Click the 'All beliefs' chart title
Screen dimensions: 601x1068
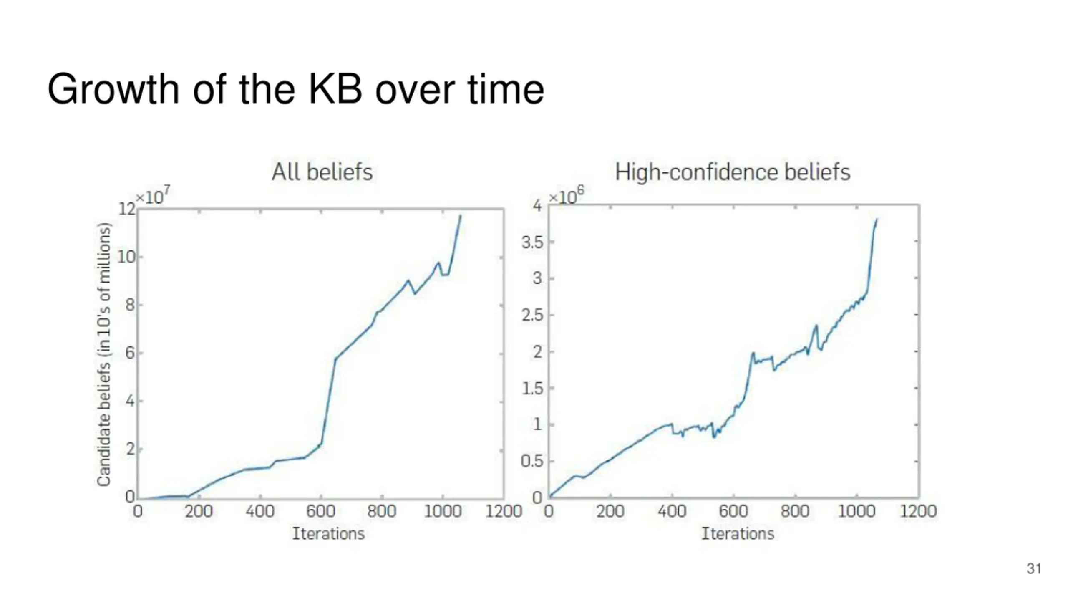pos(322,172)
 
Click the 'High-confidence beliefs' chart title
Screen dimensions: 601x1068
pos(733,172)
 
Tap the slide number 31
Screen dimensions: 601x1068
pos(1034,568)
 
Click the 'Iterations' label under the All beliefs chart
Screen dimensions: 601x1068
pos(328,533)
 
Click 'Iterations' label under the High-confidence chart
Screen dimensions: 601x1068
pos(738,533)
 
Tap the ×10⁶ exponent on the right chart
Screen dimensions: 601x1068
pos(566,195)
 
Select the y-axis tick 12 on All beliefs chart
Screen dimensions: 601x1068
pos(127,209)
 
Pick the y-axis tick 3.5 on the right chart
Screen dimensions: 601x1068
pos(532,242)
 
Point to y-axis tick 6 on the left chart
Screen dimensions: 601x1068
pos(130,353)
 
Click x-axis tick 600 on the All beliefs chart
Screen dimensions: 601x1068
pos(320,511)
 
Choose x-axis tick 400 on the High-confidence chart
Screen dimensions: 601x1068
pos(672,511)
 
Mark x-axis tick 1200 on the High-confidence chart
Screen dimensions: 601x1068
pos(918,511)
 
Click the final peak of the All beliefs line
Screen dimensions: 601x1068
pos(461,215)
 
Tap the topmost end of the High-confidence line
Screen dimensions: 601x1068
pos(877,219)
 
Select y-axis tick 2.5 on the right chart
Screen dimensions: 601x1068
pos(532,315)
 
